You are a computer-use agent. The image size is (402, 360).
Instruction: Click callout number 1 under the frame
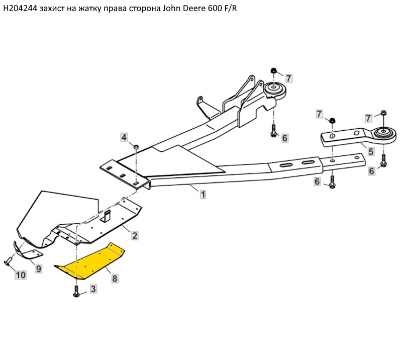[203, 194]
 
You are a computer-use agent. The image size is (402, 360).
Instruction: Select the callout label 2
[135, 235]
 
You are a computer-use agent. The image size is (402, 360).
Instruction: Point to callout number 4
[124, 137]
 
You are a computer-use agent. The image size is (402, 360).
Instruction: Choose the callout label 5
[371, 151]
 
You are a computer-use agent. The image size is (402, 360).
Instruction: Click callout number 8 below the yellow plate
[115, 278]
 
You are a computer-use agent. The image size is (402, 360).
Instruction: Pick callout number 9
[38, 268]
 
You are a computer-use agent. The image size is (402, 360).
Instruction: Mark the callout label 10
[20, 275]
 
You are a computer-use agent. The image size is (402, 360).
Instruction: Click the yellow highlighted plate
[90, 261]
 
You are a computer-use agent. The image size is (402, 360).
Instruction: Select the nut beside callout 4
[136, 146]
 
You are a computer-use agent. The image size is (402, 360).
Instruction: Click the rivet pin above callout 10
[9, 261]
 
